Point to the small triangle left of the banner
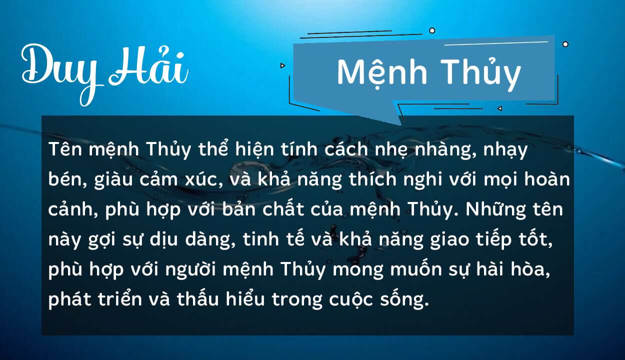pos(282,65)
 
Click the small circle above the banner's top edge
pos(432,30)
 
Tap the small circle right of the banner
pos(565,44)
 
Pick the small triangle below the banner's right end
pos(499,108)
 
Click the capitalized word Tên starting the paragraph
pos(64,149)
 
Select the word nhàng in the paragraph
pos(437,149)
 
